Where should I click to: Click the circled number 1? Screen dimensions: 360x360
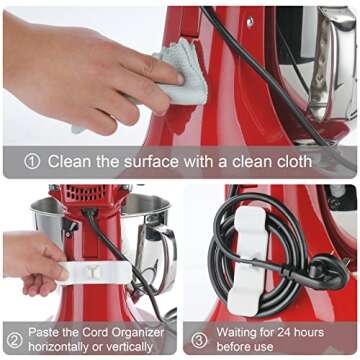point(33,161)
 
